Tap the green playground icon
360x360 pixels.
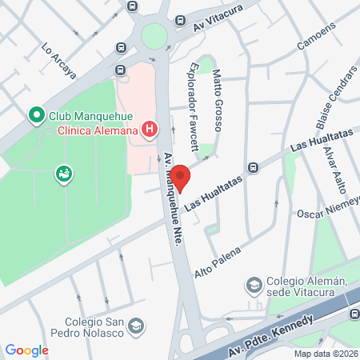click(62, 174)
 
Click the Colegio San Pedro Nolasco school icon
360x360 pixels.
click(137, 326)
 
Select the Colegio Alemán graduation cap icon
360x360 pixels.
click(254, 285)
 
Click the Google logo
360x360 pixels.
click(26, 350)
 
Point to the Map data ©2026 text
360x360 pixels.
click(325, 354)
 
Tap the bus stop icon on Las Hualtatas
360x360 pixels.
click(253, 167)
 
